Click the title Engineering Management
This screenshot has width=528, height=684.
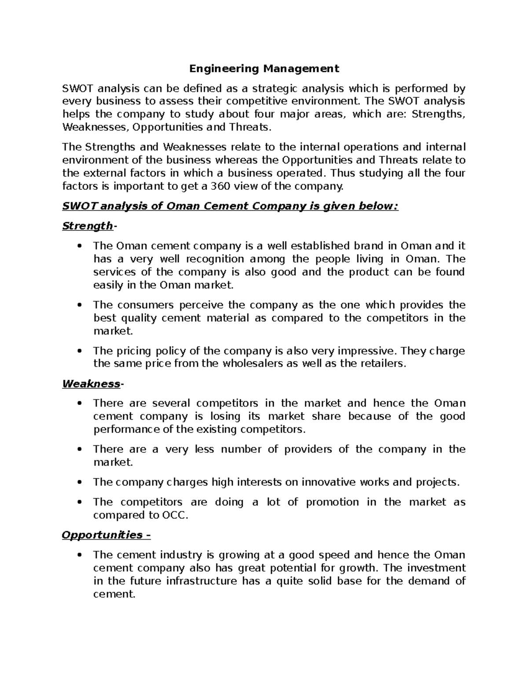point(264,69)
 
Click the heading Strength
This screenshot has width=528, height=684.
point(88,226)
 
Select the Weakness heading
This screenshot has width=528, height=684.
point(91,384)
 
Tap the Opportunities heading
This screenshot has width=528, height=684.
point(102,535)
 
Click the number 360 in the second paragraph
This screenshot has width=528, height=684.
point(220,186)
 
